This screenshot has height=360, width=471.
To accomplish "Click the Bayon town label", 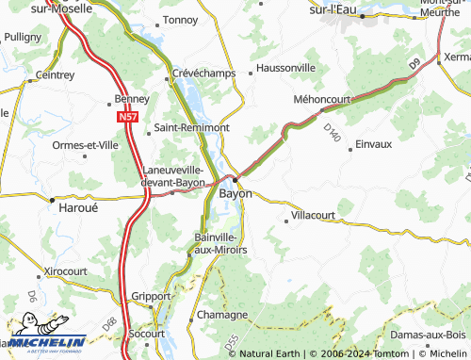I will [235, 193].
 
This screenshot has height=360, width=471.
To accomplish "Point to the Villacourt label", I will [314, 216].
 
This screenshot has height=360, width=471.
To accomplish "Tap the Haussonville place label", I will [286, 69].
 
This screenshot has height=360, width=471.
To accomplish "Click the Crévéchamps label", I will [203, 73].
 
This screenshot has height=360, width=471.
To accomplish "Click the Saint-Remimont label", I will [192, 127].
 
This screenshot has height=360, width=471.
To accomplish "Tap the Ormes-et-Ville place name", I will [85, 145].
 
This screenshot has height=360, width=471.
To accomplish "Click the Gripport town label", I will [152, 295].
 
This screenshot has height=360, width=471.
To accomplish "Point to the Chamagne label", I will [221, 315].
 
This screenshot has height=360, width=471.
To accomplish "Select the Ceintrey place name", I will [55, 74].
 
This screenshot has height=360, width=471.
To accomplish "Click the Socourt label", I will [146, 334].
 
